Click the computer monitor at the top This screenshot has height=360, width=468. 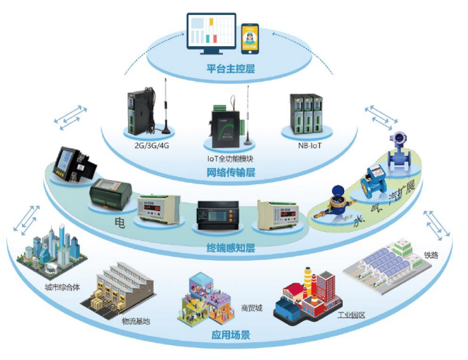pyautogui.click(x=212, y=32)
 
